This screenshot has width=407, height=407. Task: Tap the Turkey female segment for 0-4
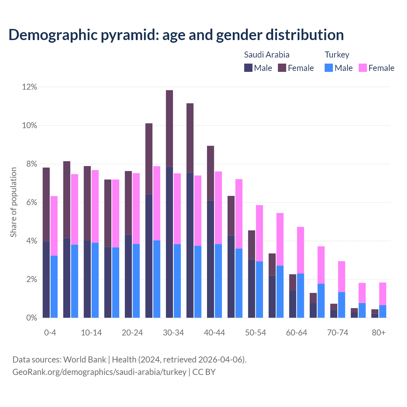(54, 226)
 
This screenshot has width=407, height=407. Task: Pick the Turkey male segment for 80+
(383, 311)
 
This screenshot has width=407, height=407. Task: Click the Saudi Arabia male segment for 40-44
(210, 259)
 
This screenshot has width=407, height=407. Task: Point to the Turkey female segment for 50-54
(259, 233)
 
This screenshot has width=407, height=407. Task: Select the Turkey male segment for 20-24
(136, 281)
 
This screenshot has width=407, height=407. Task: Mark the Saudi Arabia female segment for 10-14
(87, 203)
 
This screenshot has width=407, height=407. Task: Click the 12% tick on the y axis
(30, 87)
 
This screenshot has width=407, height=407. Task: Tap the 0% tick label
(31, 318)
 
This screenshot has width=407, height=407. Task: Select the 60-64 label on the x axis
(297, 333)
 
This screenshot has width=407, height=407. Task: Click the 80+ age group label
(379, 333)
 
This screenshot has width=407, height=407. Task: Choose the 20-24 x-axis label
(132, 333)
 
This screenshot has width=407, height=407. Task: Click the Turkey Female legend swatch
(362, 68)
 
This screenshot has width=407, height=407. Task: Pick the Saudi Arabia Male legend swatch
(248, 68)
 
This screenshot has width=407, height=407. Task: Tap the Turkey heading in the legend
(337, 55)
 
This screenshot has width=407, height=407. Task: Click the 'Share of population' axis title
(13, 202)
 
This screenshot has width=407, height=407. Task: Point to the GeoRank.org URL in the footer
(99, 372)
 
